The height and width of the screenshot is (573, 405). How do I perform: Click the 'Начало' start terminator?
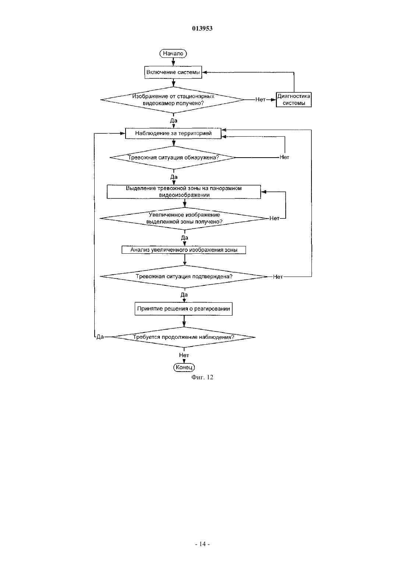tap(173, 53)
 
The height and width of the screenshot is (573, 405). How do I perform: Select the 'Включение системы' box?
tap(173, 73)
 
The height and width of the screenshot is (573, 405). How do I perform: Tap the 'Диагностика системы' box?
tap(293, 99)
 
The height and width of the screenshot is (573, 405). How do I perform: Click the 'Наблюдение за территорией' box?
tap(173, 133)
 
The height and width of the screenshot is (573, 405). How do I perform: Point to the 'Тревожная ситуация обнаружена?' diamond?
tap(173, 158)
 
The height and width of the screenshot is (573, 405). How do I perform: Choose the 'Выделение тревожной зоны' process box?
tap(184, 192)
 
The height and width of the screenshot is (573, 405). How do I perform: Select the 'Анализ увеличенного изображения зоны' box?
tap(184, 250)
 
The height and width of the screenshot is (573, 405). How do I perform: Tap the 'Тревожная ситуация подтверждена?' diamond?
tap(184, 277)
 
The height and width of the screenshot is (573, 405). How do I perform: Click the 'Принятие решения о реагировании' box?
tap(184, 309)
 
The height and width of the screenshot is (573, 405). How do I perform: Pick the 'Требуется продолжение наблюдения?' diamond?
tap(184, 337)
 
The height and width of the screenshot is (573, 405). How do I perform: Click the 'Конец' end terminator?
tap(184, 368)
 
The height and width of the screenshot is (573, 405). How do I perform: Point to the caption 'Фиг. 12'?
tap(202, 377)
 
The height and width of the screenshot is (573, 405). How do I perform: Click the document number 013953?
tap(202, 28)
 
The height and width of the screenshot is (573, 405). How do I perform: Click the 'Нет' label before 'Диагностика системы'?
tap(260, 99)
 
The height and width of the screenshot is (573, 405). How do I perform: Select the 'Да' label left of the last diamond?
tap(100, 337)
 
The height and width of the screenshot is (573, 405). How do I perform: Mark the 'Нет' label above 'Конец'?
tap(184, 355)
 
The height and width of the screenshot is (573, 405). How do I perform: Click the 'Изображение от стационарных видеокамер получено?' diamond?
tap(173, 100)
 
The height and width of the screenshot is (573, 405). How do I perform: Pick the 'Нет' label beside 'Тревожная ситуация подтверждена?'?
tap(278, 277)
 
